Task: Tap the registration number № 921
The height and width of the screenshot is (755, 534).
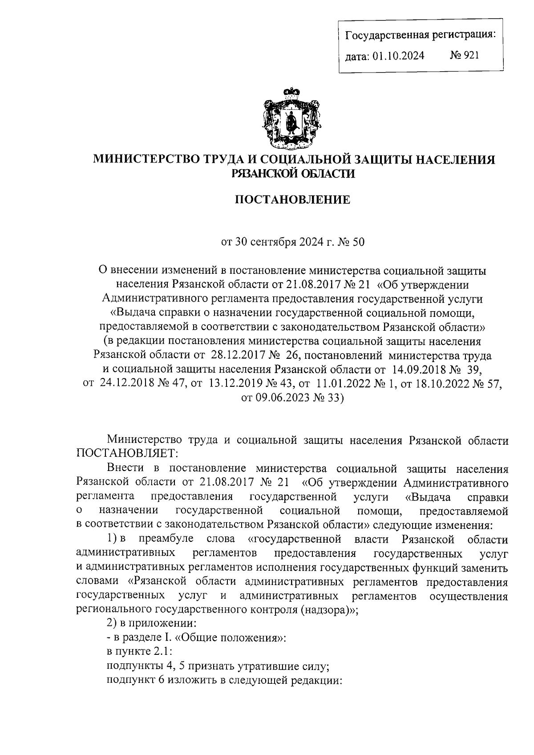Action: (x=465, y=55)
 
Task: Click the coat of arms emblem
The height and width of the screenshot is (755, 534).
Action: (x=292, y=119)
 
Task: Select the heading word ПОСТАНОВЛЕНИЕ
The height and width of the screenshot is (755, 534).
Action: (x=292, y=200)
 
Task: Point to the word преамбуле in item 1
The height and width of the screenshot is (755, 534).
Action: (x=166, y=539)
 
